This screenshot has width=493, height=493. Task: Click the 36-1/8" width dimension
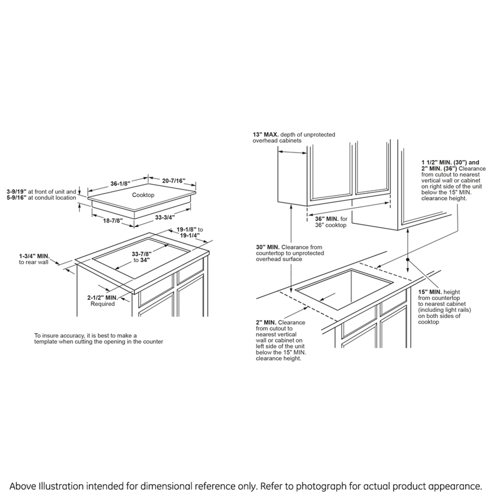[119, 184]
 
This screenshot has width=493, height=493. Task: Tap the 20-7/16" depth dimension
[174, 181]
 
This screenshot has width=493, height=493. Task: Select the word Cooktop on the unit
[143, 195]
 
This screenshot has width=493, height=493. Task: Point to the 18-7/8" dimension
[112, 221]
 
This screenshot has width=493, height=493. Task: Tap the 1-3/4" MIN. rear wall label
[34, 256]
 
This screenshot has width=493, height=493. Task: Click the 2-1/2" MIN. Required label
[102, 298]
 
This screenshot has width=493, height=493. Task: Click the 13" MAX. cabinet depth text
[265, 135]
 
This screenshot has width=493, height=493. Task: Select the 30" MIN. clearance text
[268, 247]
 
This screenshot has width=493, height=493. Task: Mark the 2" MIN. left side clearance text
[266, 322]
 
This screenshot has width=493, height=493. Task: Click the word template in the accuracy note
[45, 342]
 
